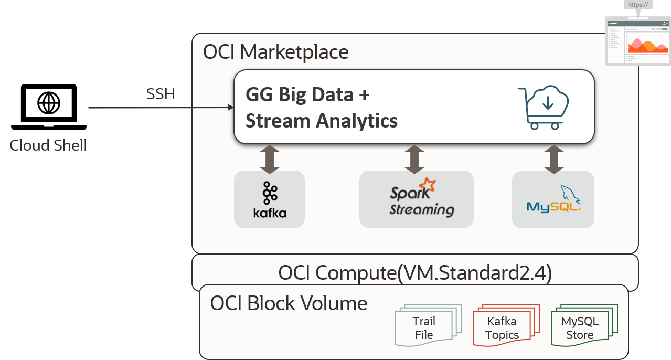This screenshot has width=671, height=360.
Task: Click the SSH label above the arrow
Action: coord(160,94)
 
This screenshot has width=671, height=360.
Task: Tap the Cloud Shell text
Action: coord(48,145)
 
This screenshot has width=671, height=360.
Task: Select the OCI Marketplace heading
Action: coord(275,52)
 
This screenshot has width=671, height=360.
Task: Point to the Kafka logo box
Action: coord(269,199)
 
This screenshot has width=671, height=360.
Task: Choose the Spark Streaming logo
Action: coord(417,199)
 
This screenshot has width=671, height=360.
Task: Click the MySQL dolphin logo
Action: coord(553,199)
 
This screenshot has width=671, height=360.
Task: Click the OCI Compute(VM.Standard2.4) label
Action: coord(414,273)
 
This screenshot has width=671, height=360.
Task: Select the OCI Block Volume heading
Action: coord(289,303)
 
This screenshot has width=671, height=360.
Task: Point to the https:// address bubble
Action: coord(638,5)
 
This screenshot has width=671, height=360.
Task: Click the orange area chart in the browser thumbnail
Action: coord(647,46)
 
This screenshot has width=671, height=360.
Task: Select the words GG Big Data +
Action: coord(308,95)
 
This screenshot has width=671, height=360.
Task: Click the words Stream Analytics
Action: coord(322,121)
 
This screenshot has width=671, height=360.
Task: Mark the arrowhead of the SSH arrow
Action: coord(230,108)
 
